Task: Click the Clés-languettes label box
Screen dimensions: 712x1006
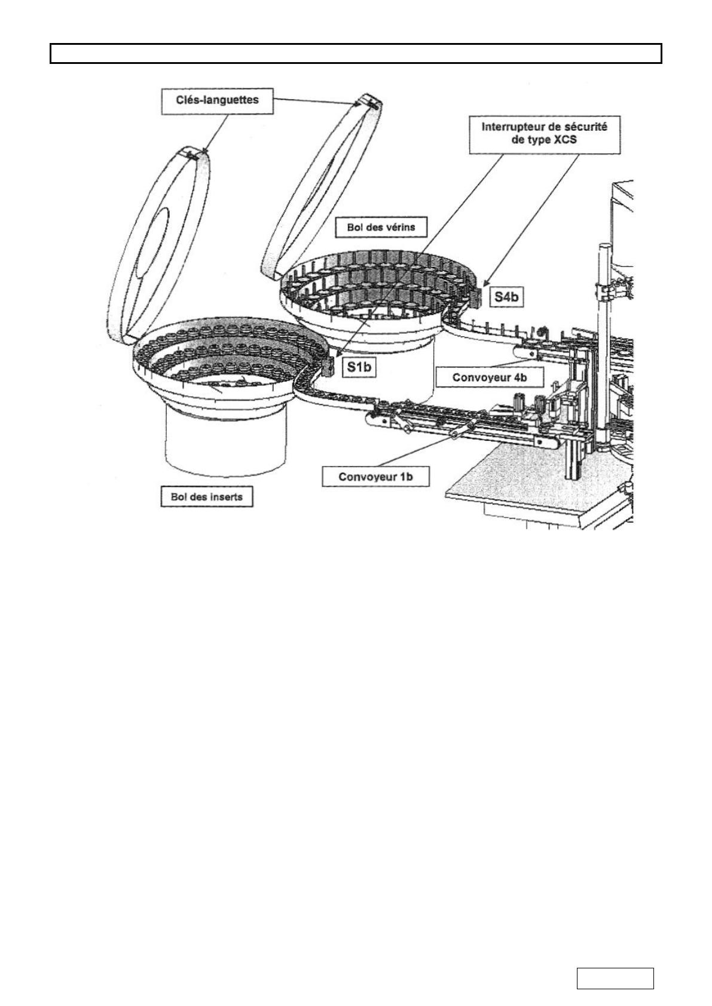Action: [217, 100]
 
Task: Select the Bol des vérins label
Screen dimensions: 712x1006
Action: [381, 227]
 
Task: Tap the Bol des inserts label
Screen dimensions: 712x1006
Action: [207, 497]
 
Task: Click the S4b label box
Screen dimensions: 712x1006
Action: [506, 297]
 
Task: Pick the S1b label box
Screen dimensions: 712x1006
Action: [359, 367]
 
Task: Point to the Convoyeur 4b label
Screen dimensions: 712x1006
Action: [490, 378]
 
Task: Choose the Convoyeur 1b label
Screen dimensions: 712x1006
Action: [375, 477]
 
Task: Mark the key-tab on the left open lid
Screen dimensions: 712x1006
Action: [192, 155]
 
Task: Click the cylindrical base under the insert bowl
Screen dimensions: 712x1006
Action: [225, 440]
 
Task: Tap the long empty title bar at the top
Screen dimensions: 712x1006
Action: [356, 53]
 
